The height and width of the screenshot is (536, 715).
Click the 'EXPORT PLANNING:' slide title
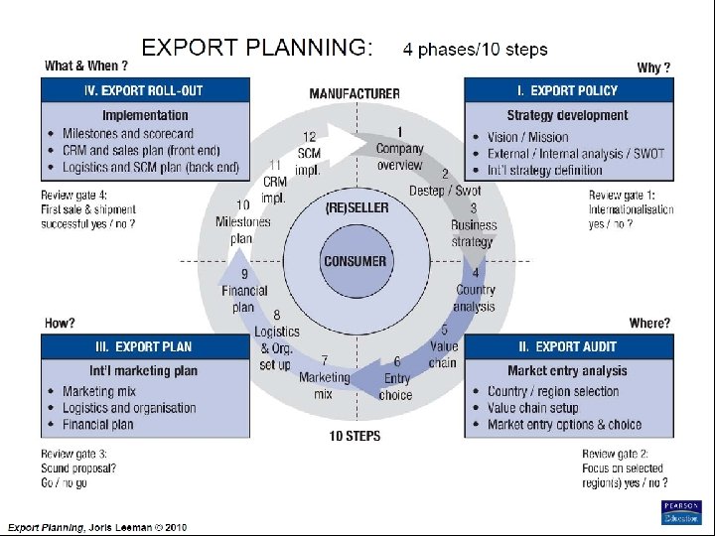click(x=257, y=47)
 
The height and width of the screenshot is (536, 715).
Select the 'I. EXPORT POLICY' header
click(x=567, y=90)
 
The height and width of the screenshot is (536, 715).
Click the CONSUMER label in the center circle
click(x=355, y=262)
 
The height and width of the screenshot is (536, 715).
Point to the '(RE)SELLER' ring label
click(x=357, y=207)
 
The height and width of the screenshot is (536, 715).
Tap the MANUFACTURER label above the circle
click(x=355, y=94)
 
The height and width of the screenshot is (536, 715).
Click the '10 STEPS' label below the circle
click(x=355, y=435)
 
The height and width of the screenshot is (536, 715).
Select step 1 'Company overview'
click(x=399, y=149)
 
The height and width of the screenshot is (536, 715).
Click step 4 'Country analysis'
click(x=475, y=290)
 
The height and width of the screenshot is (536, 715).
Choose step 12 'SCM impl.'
click(x=309, y=153)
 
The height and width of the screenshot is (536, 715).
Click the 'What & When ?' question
click(x=86, y=67)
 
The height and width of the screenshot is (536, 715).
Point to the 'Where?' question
click(x=649, y=323)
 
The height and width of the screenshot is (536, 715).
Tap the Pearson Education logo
click(x=680, y=512)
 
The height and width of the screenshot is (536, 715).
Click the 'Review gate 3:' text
click(x=75, y=454)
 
